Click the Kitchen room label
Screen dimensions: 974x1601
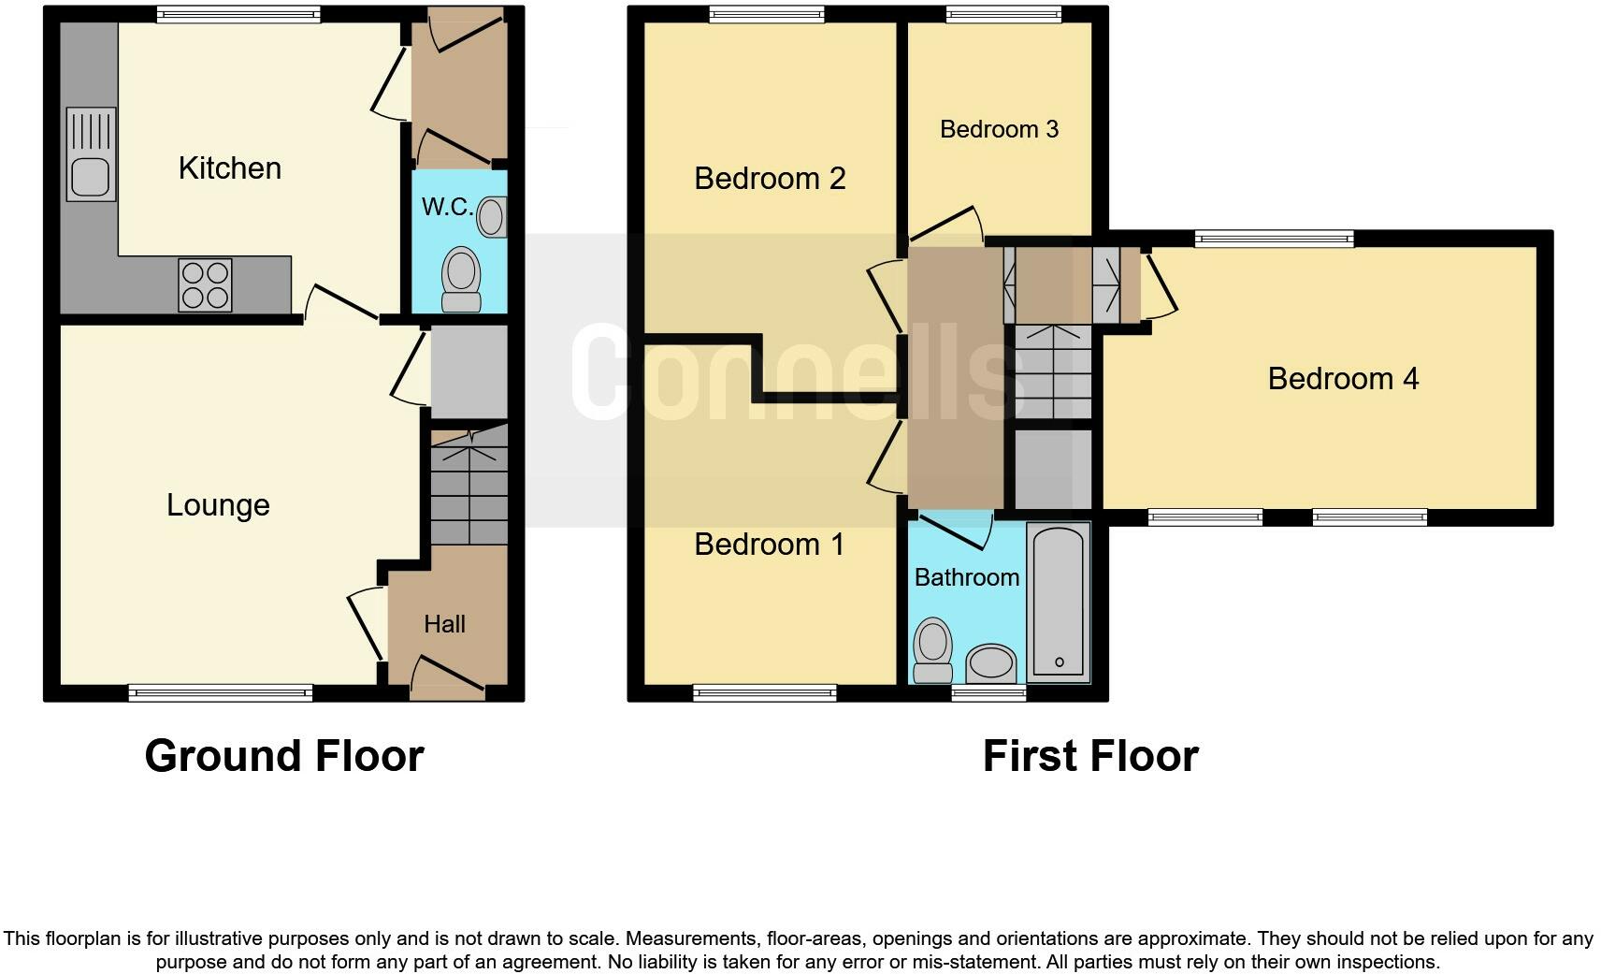[229, 168]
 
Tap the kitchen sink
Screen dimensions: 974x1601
[91, 154]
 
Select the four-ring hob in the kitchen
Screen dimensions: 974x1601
[206, 284]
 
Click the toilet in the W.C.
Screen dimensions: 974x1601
[460, 279]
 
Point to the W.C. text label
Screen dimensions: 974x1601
[447, 207]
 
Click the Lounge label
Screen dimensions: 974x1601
[218, 505]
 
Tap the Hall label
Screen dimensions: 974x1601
[444, 624]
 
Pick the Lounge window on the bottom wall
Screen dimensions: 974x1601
[221, 693]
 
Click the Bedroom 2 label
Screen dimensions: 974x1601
[770, 178]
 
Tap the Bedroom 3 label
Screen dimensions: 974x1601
[999, 129]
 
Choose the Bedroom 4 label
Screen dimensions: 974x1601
[1343, 379]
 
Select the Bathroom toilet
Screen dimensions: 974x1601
[932, 651]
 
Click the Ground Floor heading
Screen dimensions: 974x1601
[284, 756]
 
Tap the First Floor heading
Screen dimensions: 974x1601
[1090, 756]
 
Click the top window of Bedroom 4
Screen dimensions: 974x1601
[1275, 240]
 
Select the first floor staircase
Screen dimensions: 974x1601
[1054, 371]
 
